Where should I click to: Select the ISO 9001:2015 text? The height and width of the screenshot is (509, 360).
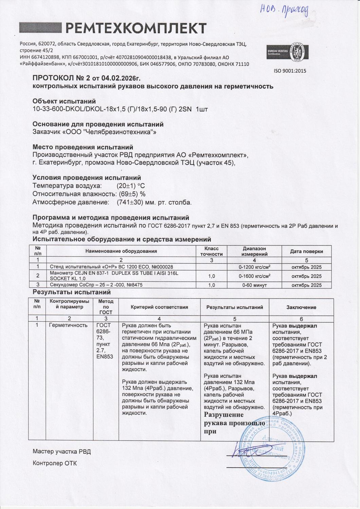click(290, 71)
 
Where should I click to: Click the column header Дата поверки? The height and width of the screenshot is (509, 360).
click(306, 251)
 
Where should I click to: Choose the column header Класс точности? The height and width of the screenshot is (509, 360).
click(211, 251)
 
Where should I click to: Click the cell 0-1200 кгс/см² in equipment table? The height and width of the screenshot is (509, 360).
click(254, 267)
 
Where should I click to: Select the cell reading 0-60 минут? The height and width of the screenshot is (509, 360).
click(254, 285)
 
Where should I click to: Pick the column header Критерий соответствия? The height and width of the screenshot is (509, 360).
click(159, 307)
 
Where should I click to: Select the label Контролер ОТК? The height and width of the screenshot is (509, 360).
click(55, 463)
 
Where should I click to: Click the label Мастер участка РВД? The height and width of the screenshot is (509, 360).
click(61, 452)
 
